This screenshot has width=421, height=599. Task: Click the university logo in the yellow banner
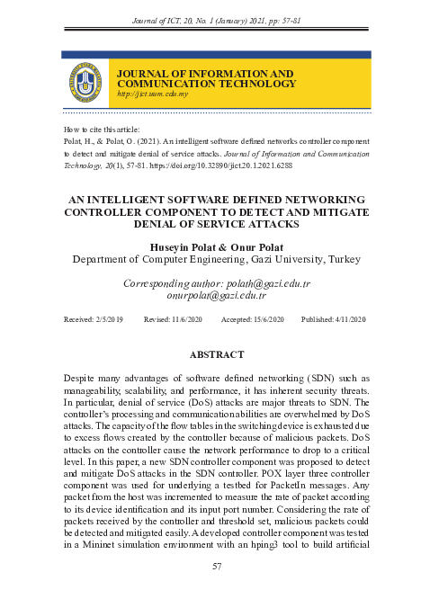coord(86,81)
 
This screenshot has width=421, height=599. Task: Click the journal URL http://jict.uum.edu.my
coord(152,94)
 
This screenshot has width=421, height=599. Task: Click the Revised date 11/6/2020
coord(186,319)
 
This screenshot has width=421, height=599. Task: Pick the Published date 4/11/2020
coord(344,319)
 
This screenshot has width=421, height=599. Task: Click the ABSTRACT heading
coord(215,355)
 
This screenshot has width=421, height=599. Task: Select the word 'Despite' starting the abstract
coord(82,380)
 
